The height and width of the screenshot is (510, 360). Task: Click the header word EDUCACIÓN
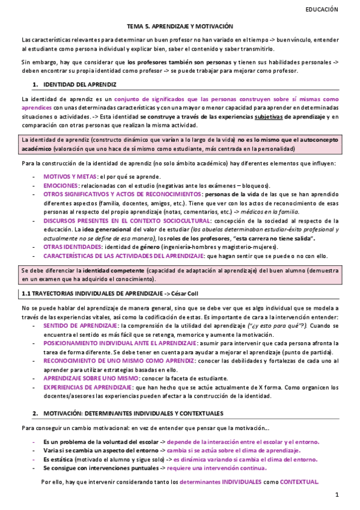[x=322, y=10]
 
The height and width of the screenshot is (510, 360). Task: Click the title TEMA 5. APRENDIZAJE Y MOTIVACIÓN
[x=180, y=26]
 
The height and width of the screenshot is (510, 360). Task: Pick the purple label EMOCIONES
[x=61, y=186]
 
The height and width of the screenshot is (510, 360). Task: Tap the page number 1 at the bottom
[x=338, y=495]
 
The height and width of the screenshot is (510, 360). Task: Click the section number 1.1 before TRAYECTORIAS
[x=26, y=293]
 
